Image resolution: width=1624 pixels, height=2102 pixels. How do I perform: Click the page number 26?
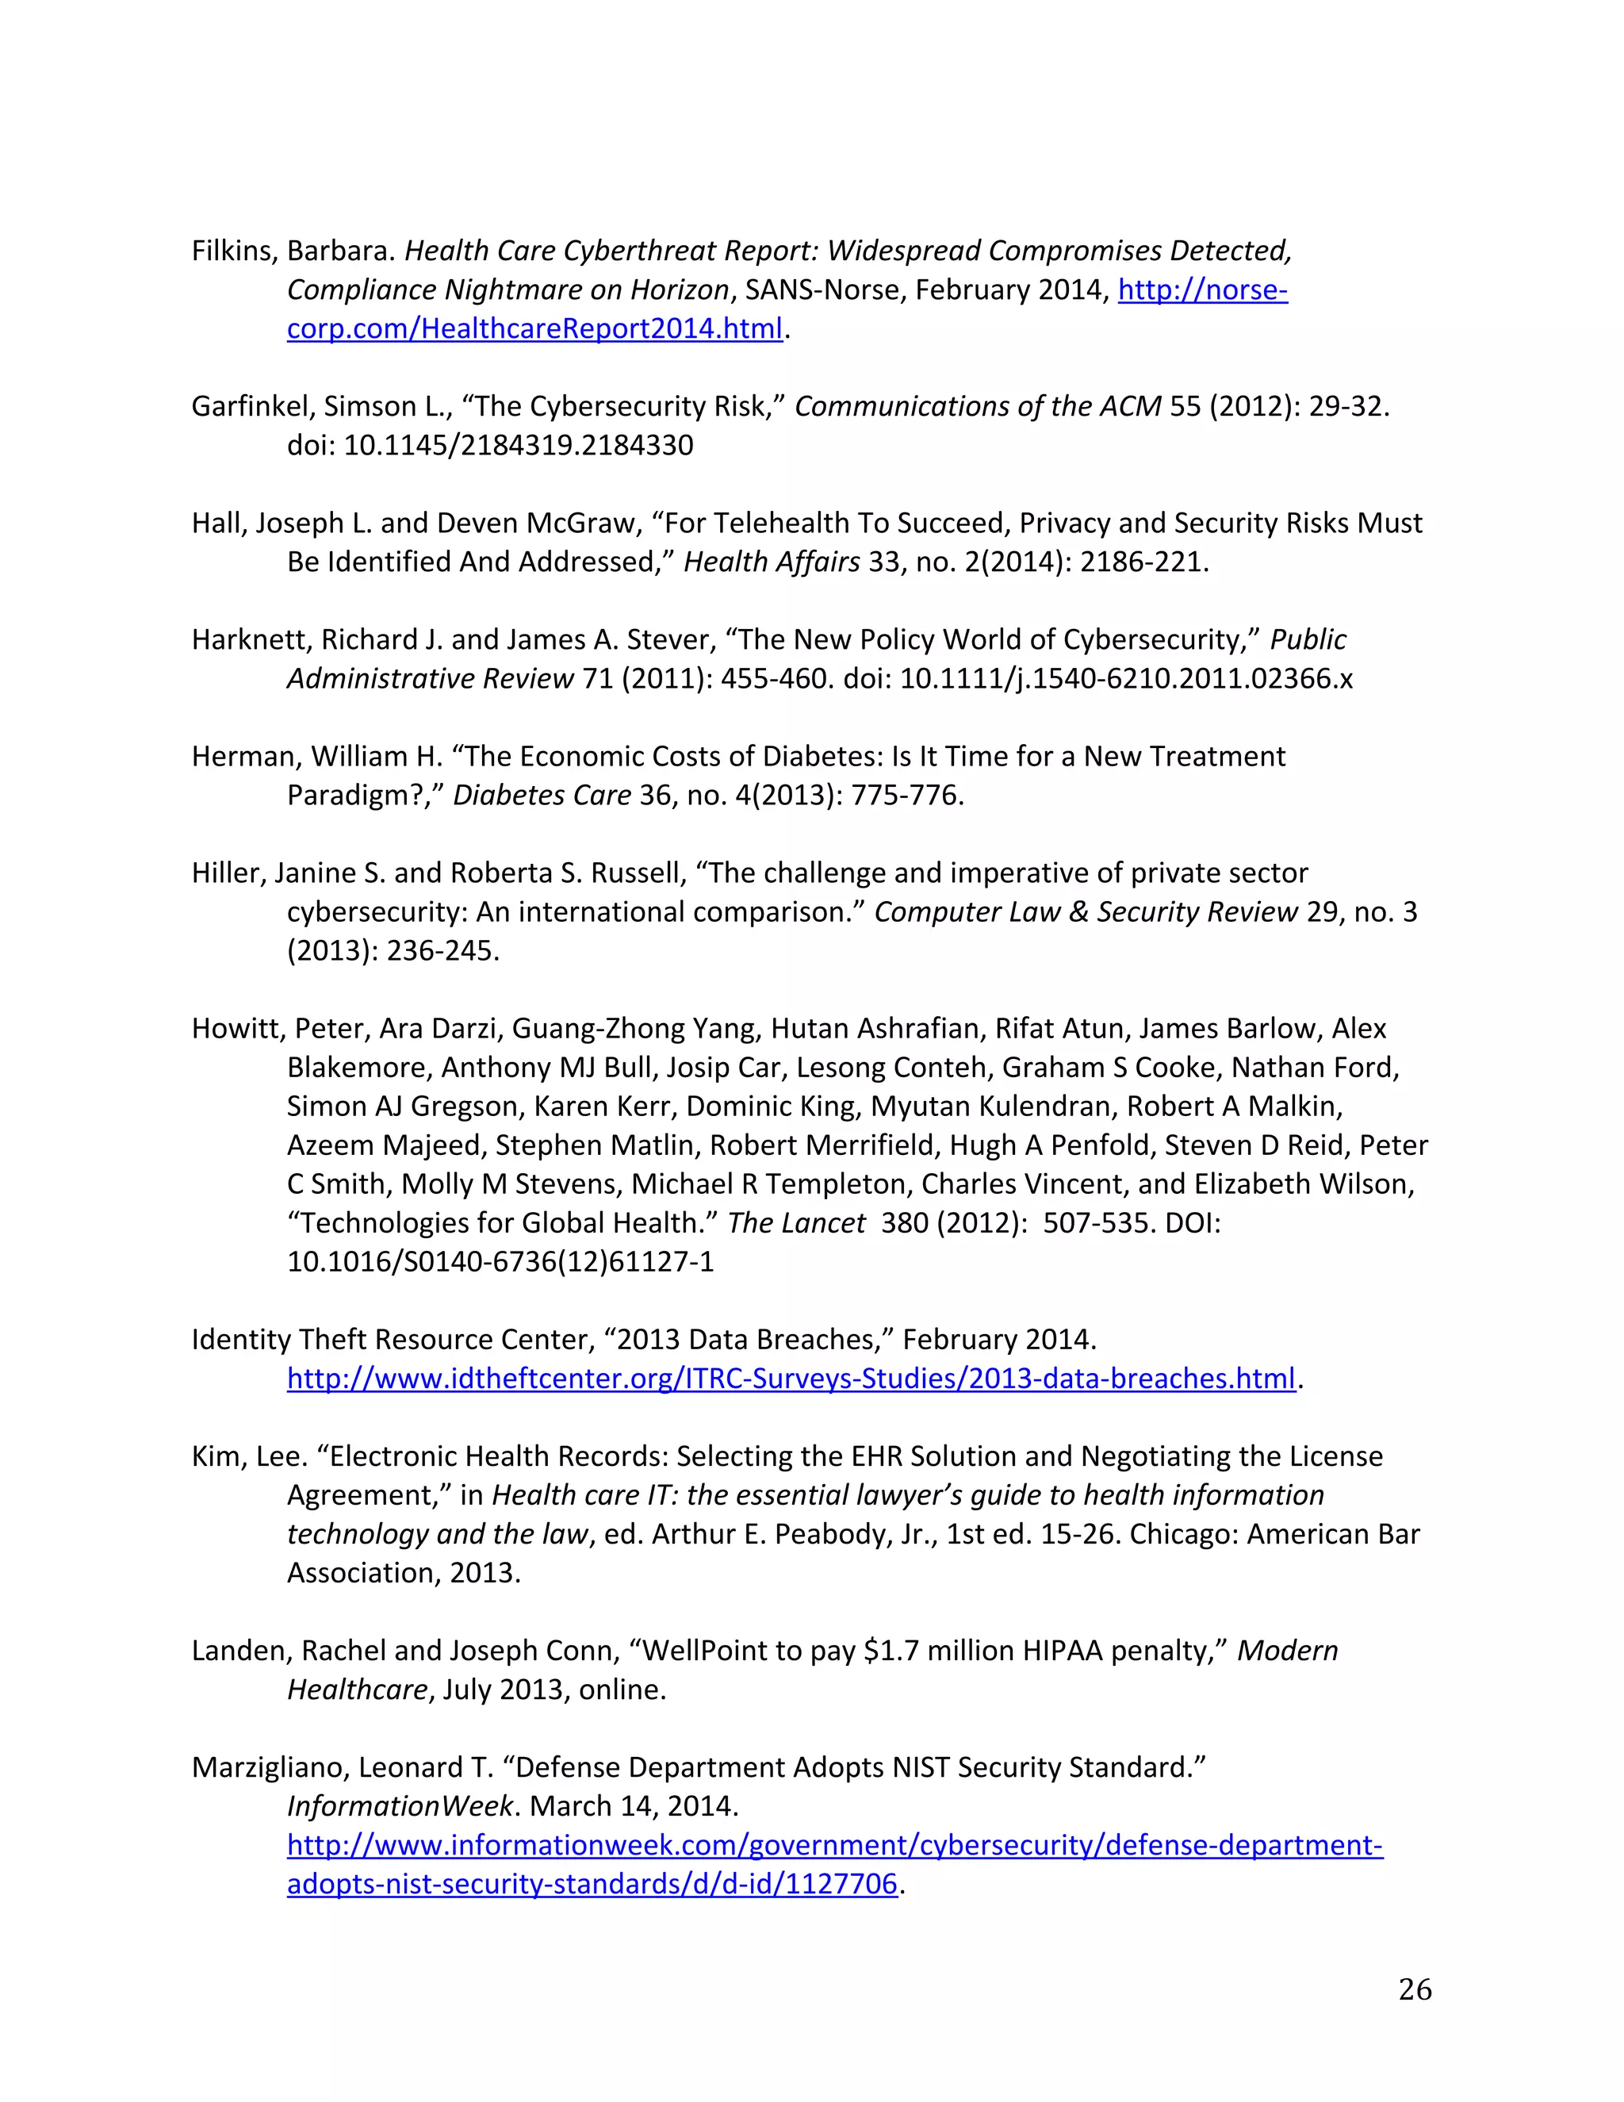pyautogui.click(x=1415, y=1989)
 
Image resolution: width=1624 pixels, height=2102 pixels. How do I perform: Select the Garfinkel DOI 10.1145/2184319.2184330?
pyautogui.click(x=519, y=446)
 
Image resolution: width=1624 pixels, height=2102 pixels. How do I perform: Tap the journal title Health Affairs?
pyautogui.click(x=772, y=562)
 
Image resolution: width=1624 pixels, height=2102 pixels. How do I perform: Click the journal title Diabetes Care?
pyautogui.click(x=542, y=796)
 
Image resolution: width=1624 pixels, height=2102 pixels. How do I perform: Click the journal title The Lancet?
pyautogui.click(x=797, y=1223)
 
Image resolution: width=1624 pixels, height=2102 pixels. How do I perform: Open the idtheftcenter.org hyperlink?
pyautogui.click(x=791, y=1379)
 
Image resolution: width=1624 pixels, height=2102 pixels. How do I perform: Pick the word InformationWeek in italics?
pyautogui.click(x=400, y=1806)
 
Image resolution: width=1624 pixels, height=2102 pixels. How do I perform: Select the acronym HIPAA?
pyautogui.click(x=1062, y=1651)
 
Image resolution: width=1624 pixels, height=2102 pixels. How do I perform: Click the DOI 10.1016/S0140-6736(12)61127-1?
pyautogui.click(x=500, y=1262)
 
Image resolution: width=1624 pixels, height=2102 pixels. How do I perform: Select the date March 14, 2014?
pyautogui.click(x=633, y=1806)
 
